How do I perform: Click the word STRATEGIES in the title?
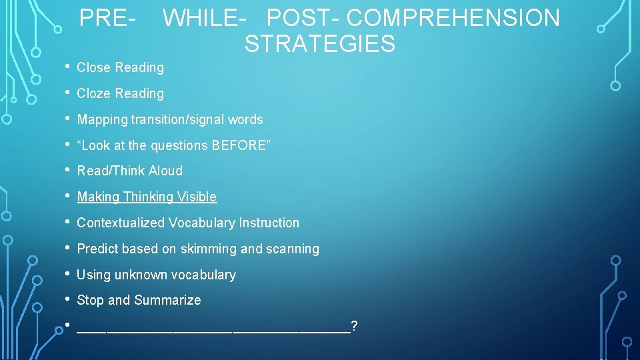click(319, 44)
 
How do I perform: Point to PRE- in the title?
click(108, 18)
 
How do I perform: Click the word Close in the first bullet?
click(94, 67)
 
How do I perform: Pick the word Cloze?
click(94, 93)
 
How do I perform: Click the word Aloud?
click(165, 171)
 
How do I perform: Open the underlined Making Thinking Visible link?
click(147, 197)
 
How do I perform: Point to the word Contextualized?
click(121, 223)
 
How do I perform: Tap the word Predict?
click(97, 249)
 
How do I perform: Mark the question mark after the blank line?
click(354, 325)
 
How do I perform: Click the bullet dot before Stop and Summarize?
click(68, 299)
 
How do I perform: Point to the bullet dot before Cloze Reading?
click(68, 93)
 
